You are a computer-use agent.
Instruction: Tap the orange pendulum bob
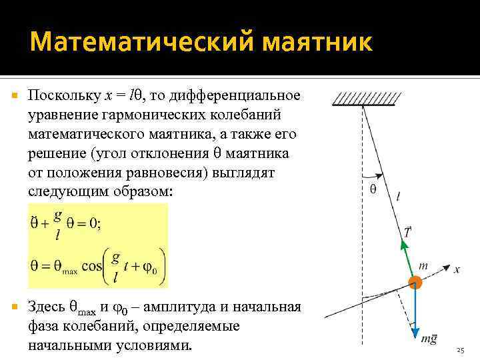coord(415,283)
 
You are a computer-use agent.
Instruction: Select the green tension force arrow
coord(407,257)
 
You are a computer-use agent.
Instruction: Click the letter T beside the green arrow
coord(407,231)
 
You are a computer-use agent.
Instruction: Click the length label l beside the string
coord(398,196)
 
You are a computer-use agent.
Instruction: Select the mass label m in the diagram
coord(423,265)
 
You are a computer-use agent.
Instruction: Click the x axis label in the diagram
coord(457,269)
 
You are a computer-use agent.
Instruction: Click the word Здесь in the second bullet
coord(46,307)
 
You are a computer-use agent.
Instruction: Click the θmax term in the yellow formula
coord(58,266)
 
